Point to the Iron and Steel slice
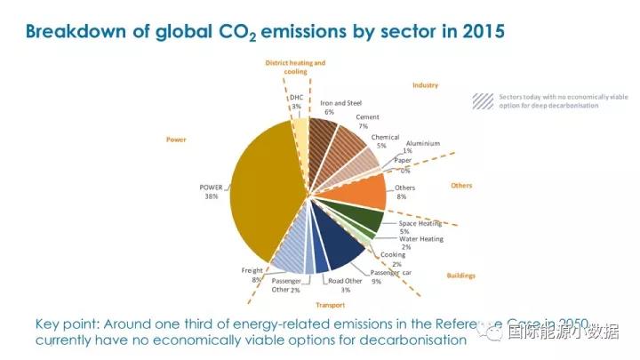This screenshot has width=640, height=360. pos(322,138)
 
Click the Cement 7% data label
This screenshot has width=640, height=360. pos(368,122)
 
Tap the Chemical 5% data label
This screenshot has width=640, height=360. pos(385,141)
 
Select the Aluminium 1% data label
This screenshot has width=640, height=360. pos(422,147)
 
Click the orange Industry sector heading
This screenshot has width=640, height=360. pos(425,85)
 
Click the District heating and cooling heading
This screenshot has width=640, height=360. pos(296,68)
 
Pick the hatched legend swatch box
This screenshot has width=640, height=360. pos(483,100)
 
